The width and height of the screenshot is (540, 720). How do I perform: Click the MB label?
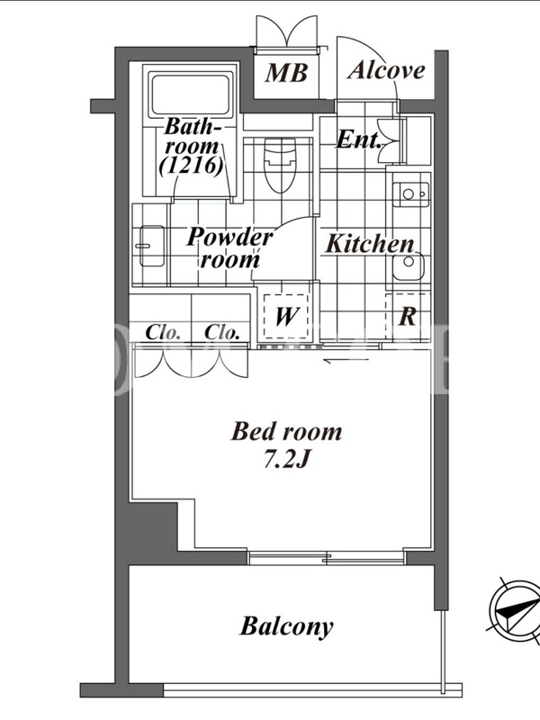click(x=285, y=73)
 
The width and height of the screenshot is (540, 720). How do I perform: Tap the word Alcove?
click(x=386, y=70)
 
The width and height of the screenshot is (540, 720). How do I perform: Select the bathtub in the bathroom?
click(x=190, y=95)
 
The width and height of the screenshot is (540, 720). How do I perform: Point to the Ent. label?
click(x=358, y=139)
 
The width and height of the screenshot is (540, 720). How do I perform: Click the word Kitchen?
click(x=370, y=244)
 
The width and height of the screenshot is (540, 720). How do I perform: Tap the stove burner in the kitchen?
click(x=411, y=194)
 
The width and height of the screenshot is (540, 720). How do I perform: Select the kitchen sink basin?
click(x=409, y=265)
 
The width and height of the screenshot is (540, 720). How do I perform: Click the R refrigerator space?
click(x=408, y=316)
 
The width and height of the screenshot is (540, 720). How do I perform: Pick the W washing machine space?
click(x=285, y=316)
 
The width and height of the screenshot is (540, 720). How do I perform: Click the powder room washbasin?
click(x=151, y=246)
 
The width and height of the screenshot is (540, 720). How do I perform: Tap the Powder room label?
click(x=229, y=248)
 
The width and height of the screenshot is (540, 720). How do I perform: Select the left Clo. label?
click(x=162, y=332)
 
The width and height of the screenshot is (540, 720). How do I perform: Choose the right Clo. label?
click(x=221, y=332)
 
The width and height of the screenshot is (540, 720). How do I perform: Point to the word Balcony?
click(x=286, y=626)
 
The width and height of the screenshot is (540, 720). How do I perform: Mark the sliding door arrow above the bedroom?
click(x=346, y=361)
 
